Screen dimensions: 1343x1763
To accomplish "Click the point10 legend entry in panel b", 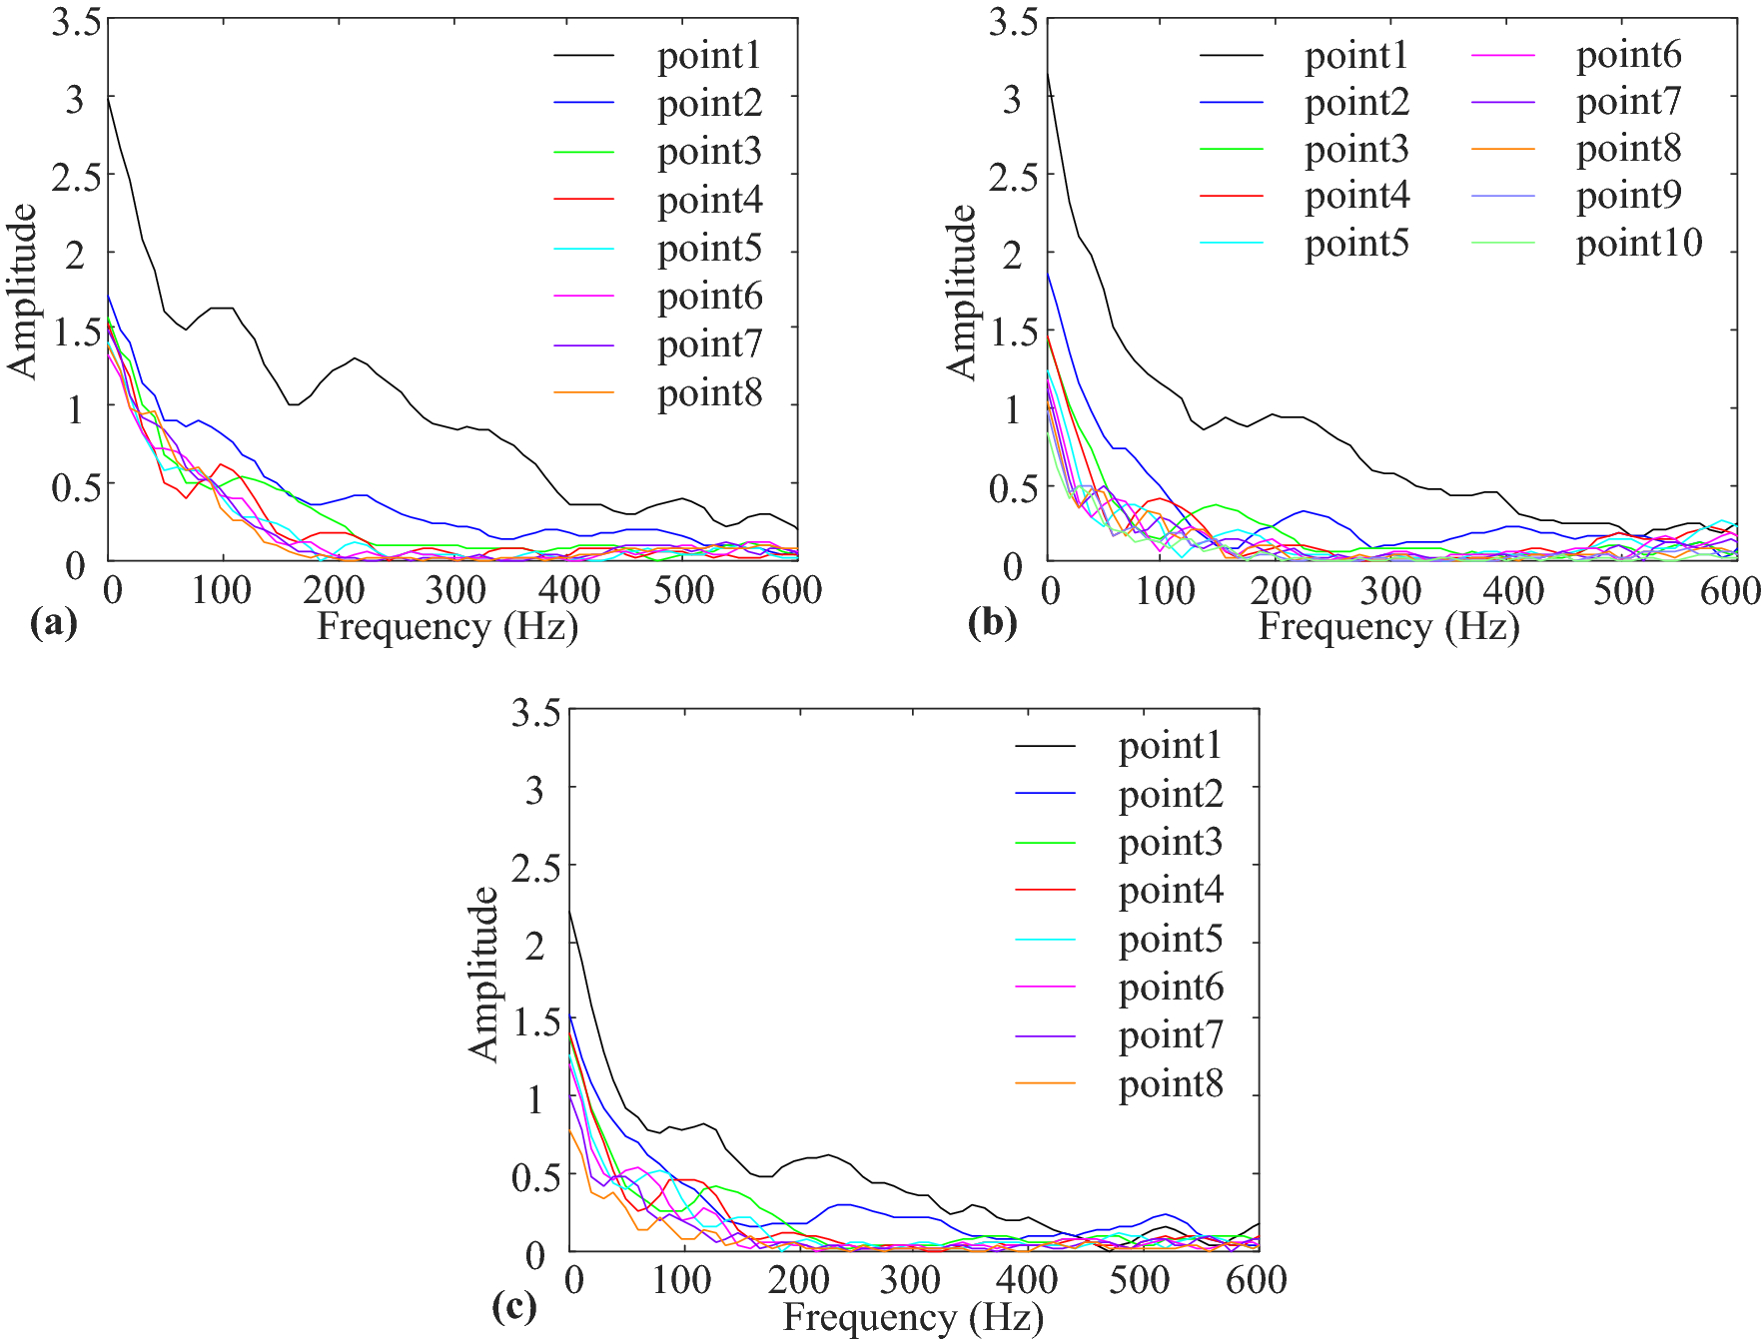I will point(1638,244).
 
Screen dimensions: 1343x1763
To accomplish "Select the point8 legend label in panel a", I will point(709,393).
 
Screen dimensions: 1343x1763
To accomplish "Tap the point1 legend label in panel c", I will point(1170,746).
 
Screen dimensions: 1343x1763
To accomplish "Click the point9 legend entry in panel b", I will point(1628,196).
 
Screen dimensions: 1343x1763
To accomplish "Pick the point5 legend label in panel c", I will point(1170,940).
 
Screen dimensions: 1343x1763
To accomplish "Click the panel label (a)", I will point(53,623).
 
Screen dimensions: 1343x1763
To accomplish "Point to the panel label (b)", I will point(992,623).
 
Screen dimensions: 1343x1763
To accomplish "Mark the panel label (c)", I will point(514,1306).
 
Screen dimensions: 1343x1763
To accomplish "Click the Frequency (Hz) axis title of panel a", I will point(447,627).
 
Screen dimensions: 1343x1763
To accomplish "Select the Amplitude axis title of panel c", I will point(483,974).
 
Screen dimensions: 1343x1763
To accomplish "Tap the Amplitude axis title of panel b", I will point(961,292).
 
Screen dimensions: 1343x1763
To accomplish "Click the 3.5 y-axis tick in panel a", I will point(76,22).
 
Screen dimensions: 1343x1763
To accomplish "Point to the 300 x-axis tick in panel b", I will point(1391,591).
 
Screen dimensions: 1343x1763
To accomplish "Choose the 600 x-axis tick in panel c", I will point(1256,1280).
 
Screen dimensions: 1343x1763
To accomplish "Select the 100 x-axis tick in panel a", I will point(221,591).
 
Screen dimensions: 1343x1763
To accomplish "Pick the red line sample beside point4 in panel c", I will point(1045,891).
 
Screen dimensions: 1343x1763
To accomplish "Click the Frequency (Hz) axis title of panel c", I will point(913,1318).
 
